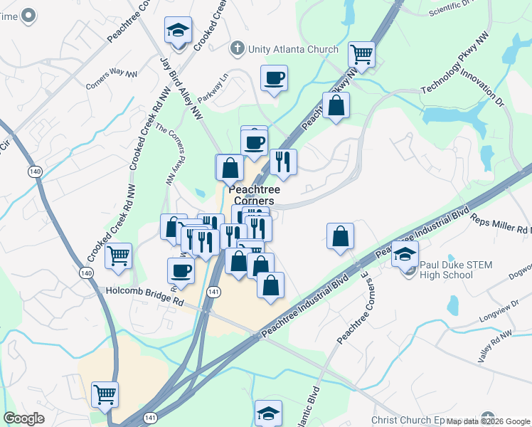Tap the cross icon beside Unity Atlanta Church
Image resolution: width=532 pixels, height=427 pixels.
pyautogui.click(x=238, y=48)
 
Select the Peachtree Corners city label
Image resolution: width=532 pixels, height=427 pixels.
pyautogui.click(x=254, y=195)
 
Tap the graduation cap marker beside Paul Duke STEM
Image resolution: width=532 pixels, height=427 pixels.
pyautogui.click(x=405, y=254)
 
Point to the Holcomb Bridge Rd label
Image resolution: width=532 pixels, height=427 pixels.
pyautogui.click(x=140, y=291)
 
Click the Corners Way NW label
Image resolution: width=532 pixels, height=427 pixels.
pyautogui.click(x=110, y=79)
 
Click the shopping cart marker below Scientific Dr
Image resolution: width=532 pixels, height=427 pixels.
pyautogui.click(x=361, y=54)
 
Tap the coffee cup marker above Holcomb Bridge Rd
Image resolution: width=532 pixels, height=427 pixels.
pyautogui.click(x=181, y=271)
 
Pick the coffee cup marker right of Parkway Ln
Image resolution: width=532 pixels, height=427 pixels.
pyautogui.click(x=274, y=78)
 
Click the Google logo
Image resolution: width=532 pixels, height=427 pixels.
pyautogui.click(x=24, y=418)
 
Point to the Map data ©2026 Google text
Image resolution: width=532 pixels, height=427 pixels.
pyautogui.click(x=488, y=421)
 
